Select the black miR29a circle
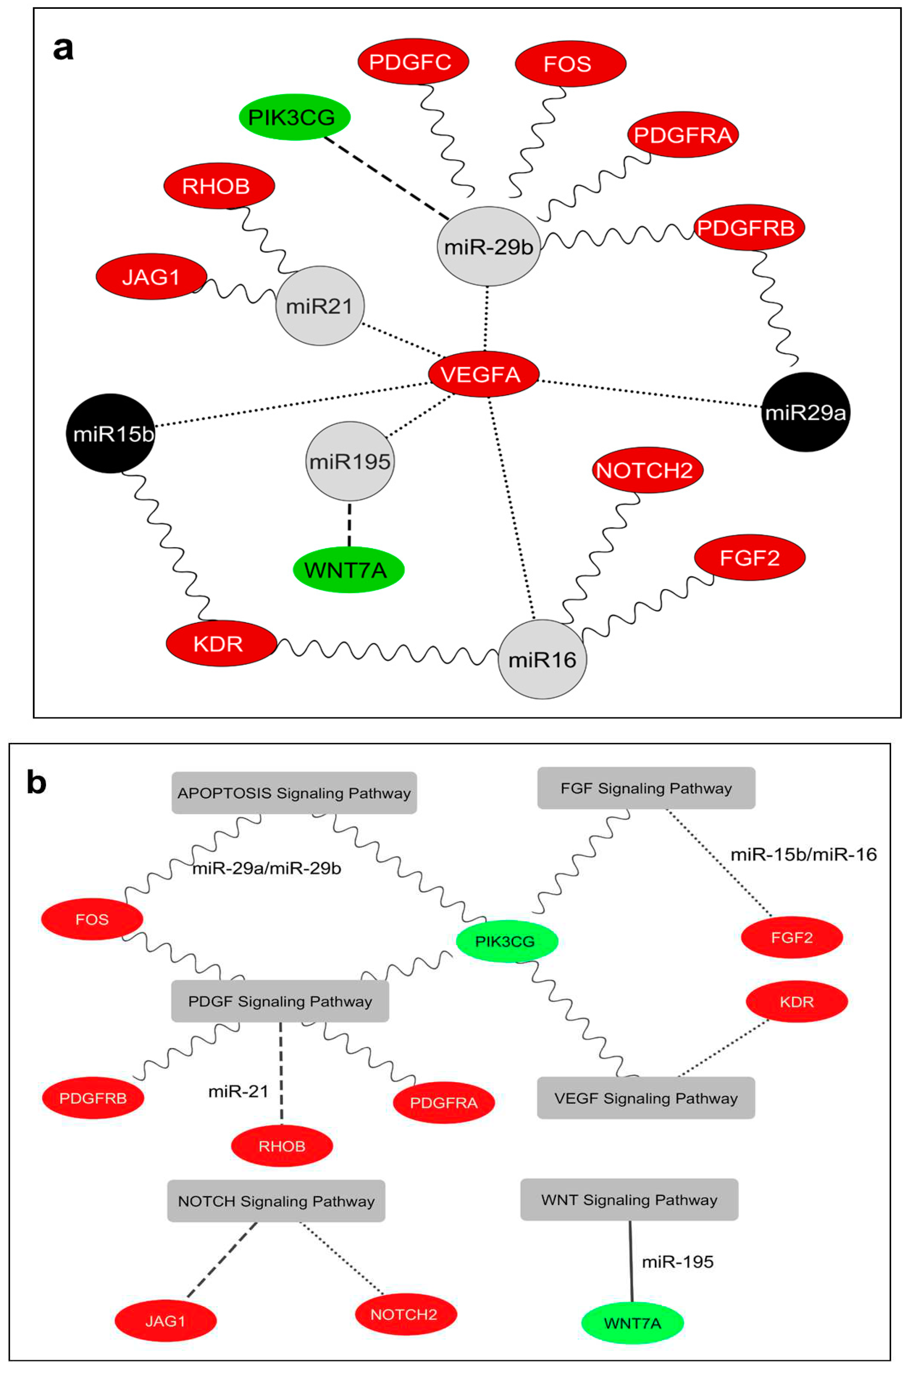click(x=805, y=412)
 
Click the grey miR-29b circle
click(x=488, y=246)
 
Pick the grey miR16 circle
click(x=542, y=659)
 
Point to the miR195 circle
click(x=350, y=461)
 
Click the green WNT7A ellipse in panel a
click(x=348, y=570)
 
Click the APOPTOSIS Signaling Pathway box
click(x=294, y=793)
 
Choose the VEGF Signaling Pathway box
click(x=646, y=1098)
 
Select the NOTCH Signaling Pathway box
click(x=276, y=1201)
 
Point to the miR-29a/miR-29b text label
click(x=267, y=868)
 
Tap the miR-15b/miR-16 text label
click(x=803, y=854)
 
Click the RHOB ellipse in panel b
click(x=282, y=1146)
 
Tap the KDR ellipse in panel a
click(x=220, y=644)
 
